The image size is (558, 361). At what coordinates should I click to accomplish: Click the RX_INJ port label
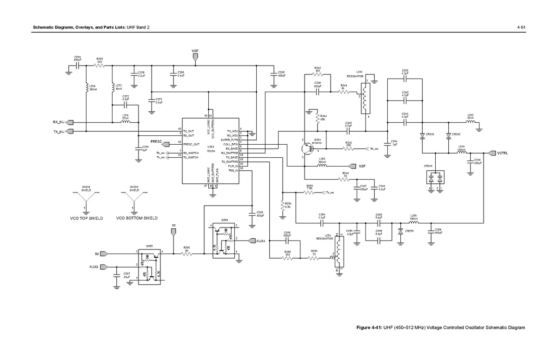pos(59,122)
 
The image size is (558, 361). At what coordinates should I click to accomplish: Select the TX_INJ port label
pos(59,132)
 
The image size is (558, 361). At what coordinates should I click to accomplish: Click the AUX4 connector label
pos(260,241)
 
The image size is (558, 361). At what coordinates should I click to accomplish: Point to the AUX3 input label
pos(94,267)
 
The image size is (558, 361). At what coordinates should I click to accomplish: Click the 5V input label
pos(97,254)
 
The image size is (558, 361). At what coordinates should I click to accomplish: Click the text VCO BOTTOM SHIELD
pos(137,218)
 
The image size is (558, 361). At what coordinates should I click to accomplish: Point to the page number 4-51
pos(521,28)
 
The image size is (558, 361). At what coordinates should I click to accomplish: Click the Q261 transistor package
pos(225,241)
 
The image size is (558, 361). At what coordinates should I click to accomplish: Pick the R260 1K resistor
pos(186,254)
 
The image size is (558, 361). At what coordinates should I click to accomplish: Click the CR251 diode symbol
pos(400,230)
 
